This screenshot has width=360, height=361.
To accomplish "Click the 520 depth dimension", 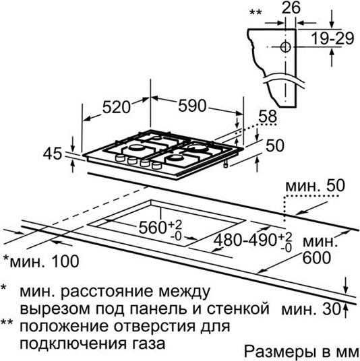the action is coord(117,107).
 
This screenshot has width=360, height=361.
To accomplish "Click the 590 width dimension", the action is coord(192,106).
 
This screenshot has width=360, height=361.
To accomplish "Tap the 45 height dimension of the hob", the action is coord(53,154).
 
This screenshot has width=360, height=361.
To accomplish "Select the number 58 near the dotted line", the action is coord(268,117).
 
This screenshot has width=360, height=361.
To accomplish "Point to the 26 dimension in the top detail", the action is coord(291,8).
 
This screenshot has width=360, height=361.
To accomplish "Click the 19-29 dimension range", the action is coord(332,38).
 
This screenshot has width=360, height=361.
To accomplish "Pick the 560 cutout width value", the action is coord(152,228).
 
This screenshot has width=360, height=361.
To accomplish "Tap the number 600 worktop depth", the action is coord(317,258).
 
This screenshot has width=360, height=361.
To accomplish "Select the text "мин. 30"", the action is coord(311,309).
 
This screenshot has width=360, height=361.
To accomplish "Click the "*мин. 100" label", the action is coord(41,261).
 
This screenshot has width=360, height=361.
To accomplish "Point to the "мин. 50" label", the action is coord(315,186).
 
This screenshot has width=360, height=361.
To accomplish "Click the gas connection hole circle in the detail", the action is coord(286,47).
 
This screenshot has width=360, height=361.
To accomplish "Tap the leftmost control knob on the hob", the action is coord(120,158).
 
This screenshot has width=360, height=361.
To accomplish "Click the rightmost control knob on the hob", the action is coord(156,165).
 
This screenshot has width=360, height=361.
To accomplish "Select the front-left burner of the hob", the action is coord(136,147).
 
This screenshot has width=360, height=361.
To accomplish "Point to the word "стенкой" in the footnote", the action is coord(238,309).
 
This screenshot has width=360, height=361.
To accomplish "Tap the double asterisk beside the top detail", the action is coord(256,12).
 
